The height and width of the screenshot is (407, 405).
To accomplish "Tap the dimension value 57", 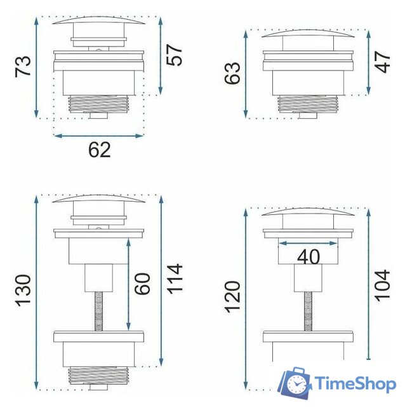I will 175,54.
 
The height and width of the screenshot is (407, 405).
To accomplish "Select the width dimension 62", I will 100,150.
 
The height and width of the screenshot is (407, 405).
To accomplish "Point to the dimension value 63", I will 233,73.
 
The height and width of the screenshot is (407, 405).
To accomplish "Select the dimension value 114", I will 175,279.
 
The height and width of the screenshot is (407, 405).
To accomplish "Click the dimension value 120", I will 233,296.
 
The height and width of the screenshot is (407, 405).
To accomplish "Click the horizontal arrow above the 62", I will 99,135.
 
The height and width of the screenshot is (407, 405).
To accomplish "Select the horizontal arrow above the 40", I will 309,242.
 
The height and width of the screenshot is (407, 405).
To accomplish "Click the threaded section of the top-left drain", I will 98,104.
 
